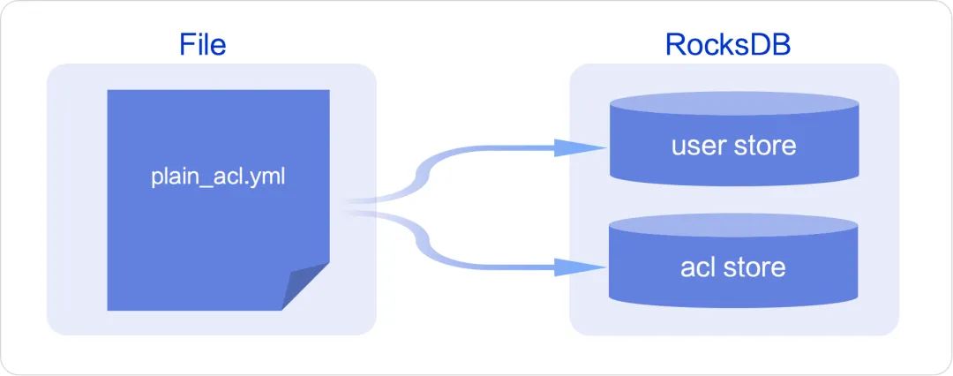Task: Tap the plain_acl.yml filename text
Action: pos(218,177)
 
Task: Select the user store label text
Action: pos(733,145)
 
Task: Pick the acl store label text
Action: pos(733,266)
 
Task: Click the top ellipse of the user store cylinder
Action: pos(733,103)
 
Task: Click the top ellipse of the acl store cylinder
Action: pos(733,224)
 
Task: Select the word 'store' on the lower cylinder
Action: pos(754,266)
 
